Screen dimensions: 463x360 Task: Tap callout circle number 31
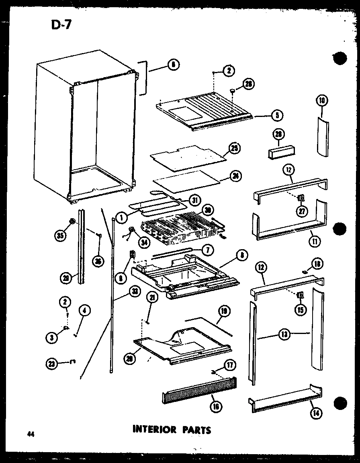pyautogui.click(x=194, y=200)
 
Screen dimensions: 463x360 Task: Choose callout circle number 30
pyautogui.click(x=208, y=211)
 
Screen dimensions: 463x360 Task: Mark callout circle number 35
pyautogui.click(x=61, y=236)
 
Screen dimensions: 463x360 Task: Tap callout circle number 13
pyautogui.click(x=284, y=334)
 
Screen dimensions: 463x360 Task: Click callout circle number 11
pyautogui.click(x=313, y=242)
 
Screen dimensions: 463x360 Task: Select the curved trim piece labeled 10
pyautogui.click(x=322, y=137)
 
